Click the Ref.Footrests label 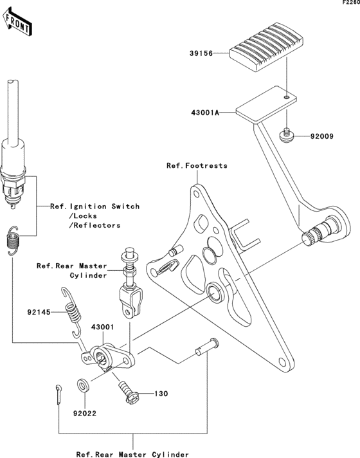(x=197, y=166)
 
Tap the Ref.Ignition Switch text (x=95, y=206)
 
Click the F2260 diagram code (x=350, y=4)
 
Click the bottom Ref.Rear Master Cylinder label (x=132, y=453)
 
